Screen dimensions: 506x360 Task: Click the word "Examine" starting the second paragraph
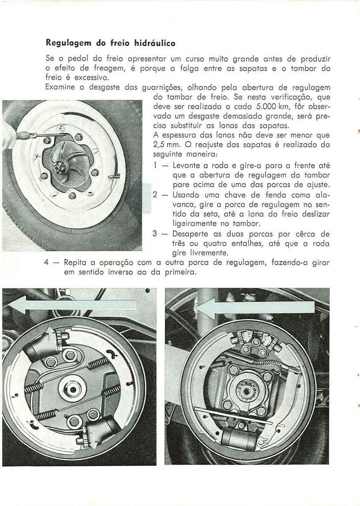(60, 87)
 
